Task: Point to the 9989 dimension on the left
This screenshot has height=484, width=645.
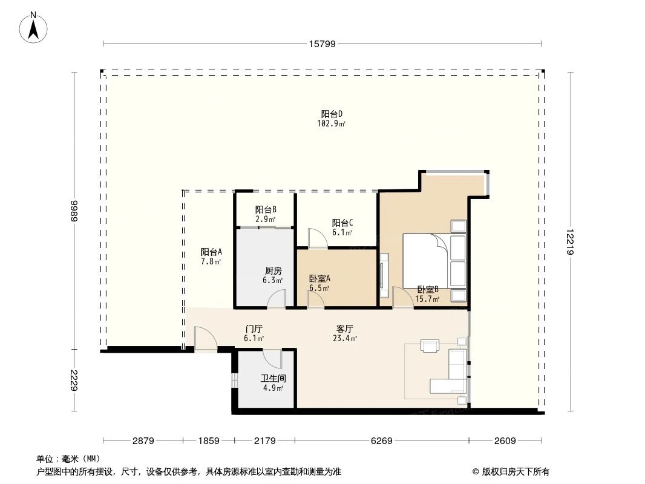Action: point(74,211)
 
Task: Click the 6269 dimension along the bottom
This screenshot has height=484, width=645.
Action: point(381,441)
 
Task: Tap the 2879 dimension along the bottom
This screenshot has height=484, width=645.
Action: point(144,441)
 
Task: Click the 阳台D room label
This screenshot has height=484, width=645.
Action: point(332,114)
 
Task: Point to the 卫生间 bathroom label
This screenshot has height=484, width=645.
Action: point(273,378)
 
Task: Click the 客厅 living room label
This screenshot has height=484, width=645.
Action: point(345,329)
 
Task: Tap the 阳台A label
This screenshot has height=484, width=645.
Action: point(211,252)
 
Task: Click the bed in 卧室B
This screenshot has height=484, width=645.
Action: point(434,260)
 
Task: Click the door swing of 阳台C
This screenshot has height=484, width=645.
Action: point(316,238)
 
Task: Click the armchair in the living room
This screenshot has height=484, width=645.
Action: point(430,346)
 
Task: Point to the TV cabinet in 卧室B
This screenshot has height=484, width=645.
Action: point(384,275)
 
